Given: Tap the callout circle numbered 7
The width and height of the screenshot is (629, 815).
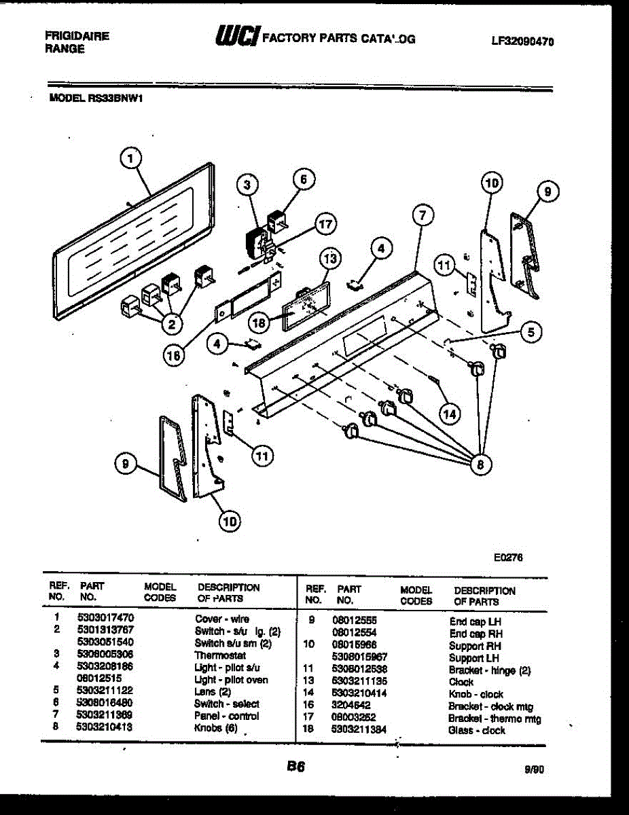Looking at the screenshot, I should pyautogui.click(x=423, y=216).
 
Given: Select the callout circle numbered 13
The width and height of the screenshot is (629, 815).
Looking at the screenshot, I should pyautogui.click(x=330, y=259).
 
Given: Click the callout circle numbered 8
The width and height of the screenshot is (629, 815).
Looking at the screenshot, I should pyautogui.click(x=480, y=465).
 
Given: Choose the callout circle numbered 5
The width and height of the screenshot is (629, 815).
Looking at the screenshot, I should pyautogui.click(x=531, y=332).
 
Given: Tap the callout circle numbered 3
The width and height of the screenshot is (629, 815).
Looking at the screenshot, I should pyautogui.click(x=248, y=184).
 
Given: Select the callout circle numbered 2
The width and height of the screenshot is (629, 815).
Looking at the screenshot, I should pyautogui.click(x=172, y=325).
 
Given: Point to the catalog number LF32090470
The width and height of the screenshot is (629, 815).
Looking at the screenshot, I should pyautogui.click(x=522, y=41).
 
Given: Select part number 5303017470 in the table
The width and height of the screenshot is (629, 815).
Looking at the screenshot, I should pyautogui.click(x=105, y=618).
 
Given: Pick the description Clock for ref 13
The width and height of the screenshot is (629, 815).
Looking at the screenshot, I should pyautogui.click(x=461, y=682).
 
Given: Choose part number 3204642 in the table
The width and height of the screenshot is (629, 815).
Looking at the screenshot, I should pyautogui.click(x=351, y=706).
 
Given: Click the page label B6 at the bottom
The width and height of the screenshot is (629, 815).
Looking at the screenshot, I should pyautogui.click(x=295, y=767).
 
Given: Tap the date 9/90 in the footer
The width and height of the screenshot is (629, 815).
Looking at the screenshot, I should pyautogui.click(x=534, y=770).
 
